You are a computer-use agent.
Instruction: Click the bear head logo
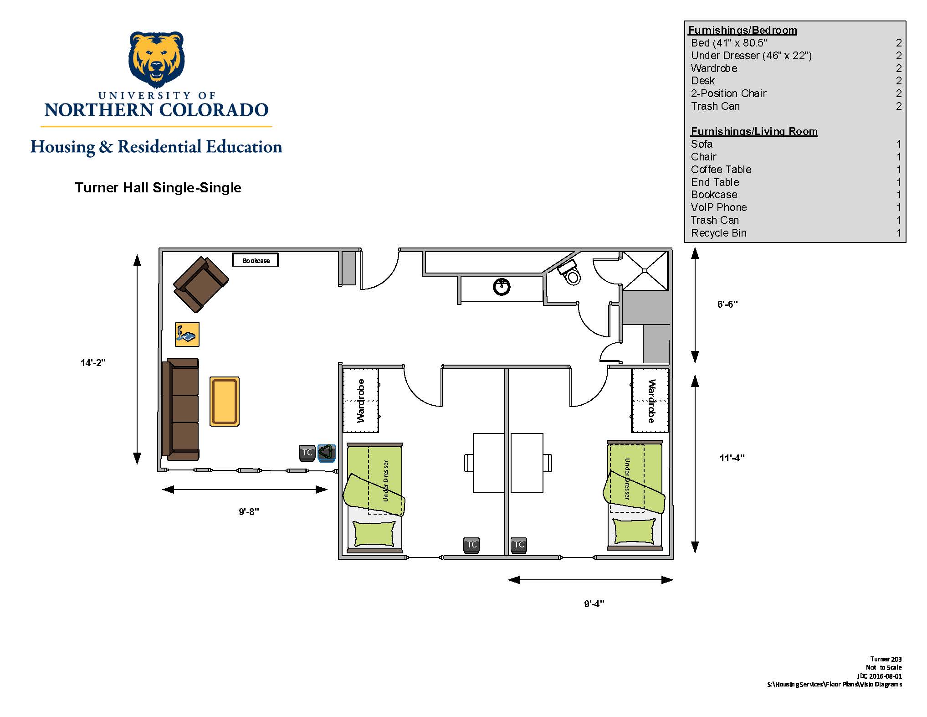tap(157, 60)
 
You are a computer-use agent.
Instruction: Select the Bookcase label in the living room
tap(256, 261)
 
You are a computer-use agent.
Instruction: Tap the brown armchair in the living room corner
tap(201, 284)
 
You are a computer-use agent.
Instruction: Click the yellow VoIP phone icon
tap(187, 335)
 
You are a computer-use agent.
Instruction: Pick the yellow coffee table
tap(225, 402)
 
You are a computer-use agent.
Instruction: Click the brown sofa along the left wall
tap(181, 409)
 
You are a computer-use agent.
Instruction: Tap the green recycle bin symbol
tap(327, 453)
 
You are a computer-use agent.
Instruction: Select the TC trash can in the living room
tap(307, 453)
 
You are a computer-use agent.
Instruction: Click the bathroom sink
tap(502, 287)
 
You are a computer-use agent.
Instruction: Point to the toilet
tap(569, 272)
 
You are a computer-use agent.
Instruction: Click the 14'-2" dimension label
tap(93, 363)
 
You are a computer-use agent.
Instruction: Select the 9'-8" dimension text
tap(249, 511)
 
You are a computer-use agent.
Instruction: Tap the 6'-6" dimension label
tap(727, 304)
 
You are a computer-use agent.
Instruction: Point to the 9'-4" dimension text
tap(594, 604)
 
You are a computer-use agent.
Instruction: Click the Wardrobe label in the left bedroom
tap(361, 401)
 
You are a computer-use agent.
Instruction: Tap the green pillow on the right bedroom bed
tap(634, 531)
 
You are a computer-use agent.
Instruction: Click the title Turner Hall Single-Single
tap(158, 187)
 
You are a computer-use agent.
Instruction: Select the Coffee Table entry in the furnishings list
tap(721, 170)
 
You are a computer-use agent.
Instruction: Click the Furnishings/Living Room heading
tap(754, 131)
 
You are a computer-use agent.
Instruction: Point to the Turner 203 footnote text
tap(886, 659)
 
